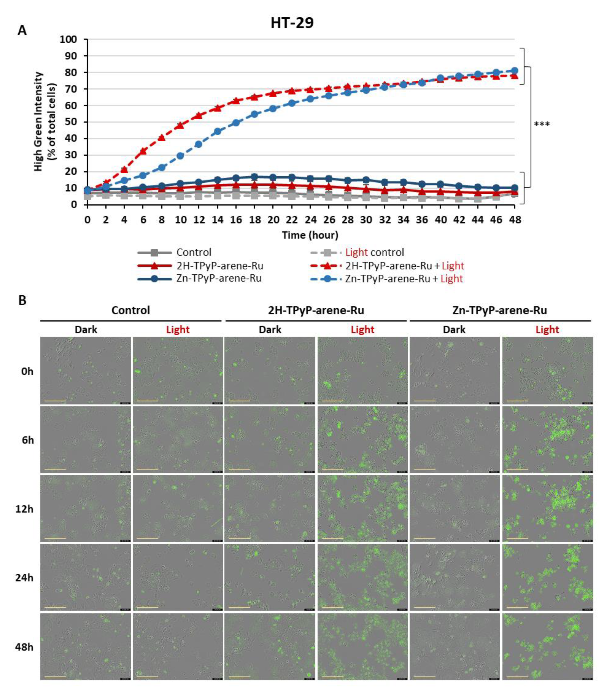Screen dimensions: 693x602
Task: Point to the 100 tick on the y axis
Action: (68, 39)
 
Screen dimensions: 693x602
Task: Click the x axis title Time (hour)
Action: (310, 235)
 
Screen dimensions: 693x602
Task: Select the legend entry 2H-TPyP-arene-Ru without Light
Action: (220, 266)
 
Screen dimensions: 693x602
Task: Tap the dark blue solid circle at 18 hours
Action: (255, 177)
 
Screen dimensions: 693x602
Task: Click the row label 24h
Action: (25, 578)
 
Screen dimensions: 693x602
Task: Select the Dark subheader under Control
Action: (86, 329)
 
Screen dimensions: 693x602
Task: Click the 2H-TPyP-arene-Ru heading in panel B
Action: (316, 310)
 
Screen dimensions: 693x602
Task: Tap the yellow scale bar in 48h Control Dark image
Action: (55, 676)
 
